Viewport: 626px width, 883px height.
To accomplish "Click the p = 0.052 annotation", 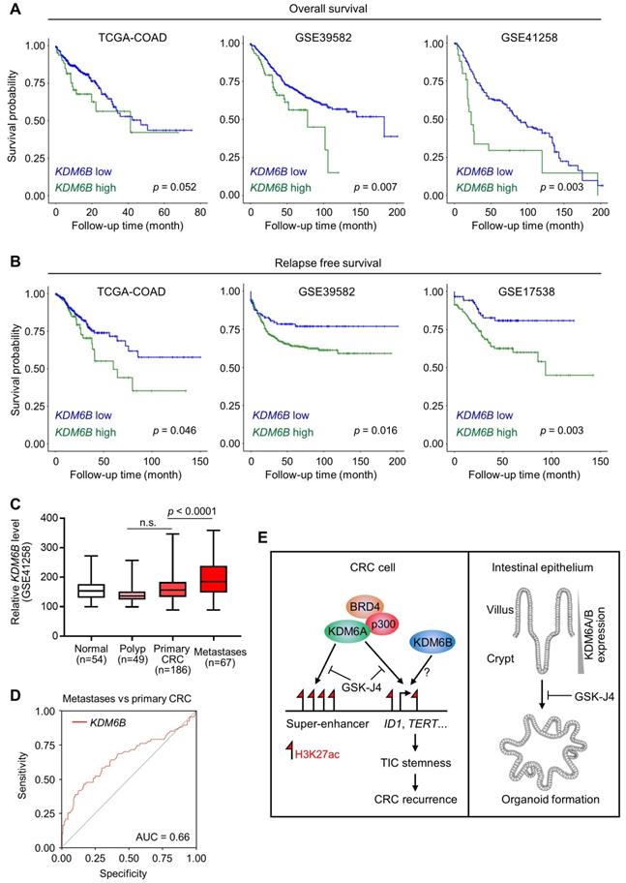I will pyautogui.click(x=155, y=185).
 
